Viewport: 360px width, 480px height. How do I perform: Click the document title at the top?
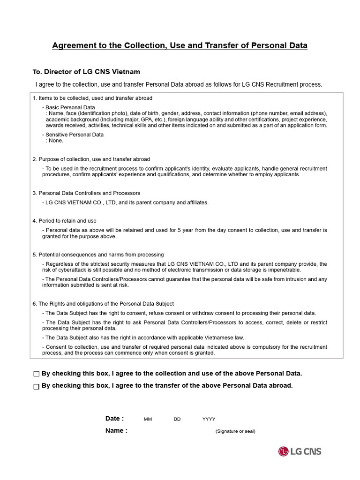coord(180,45)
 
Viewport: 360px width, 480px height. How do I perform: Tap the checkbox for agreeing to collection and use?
coord(37,374)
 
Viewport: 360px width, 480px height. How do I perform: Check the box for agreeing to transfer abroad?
coord(37,386)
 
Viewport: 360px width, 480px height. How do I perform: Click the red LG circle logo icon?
coord(283,451)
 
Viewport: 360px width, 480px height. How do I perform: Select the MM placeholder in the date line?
coord(148,419)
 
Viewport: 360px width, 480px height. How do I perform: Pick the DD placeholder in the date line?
coord(177,419)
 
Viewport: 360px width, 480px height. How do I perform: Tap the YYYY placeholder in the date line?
coord(209,419)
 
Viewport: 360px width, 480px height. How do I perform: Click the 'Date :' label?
coord(115,419)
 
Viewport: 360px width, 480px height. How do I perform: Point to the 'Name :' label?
coord(116,431)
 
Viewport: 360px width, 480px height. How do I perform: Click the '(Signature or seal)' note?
coord(235,431)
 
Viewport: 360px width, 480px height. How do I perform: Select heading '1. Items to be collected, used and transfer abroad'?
coord(92,98)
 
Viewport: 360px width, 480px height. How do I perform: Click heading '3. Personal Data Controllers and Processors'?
coord(86,193)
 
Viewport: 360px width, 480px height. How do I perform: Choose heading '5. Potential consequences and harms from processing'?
coord(98,255)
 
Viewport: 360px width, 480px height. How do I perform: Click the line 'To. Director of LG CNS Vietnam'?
coord(86,72)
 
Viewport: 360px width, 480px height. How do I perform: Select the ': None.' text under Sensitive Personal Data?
coord(54,141)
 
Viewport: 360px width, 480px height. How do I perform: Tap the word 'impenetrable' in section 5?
coord(285,270)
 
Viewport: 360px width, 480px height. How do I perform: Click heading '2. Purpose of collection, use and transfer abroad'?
coord(91,159)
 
